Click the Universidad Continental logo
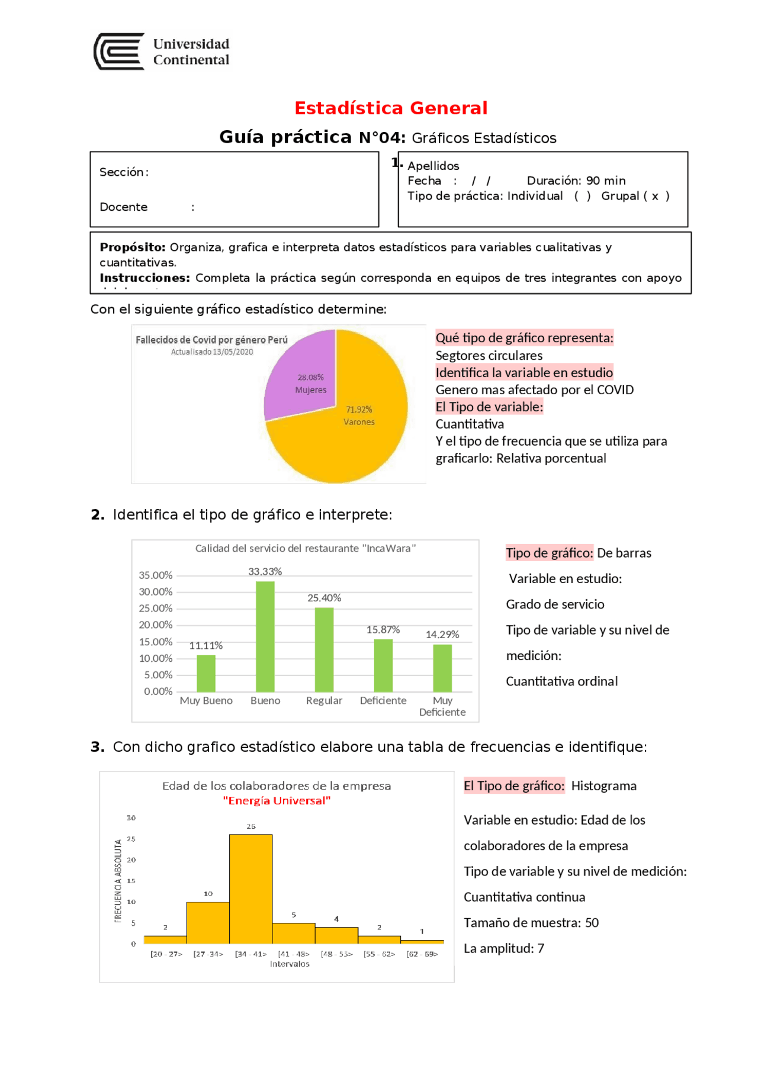click(161, 51)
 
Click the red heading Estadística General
click(391, 108)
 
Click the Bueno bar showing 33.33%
click(265, 636)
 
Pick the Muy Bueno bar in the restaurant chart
click(206, 673)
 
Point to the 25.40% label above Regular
click(324, 598)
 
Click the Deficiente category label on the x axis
click(383, 700)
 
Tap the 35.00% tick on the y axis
click(156, 575)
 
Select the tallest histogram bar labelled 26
click(250, 888)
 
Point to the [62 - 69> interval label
click(422, 954)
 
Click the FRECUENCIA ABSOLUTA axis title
click(118, 880)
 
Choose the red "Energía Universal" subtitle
click(277, 800)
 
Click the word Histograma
click(603, 786)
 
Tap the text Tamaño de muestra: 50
click(531, 922)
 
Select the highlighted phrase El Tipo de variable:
click(489, 407)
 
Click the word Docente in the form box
click(124, 207)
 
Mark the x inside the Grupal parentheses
click(655, 196)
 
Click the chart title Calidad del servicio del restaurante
click(306, 548)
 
